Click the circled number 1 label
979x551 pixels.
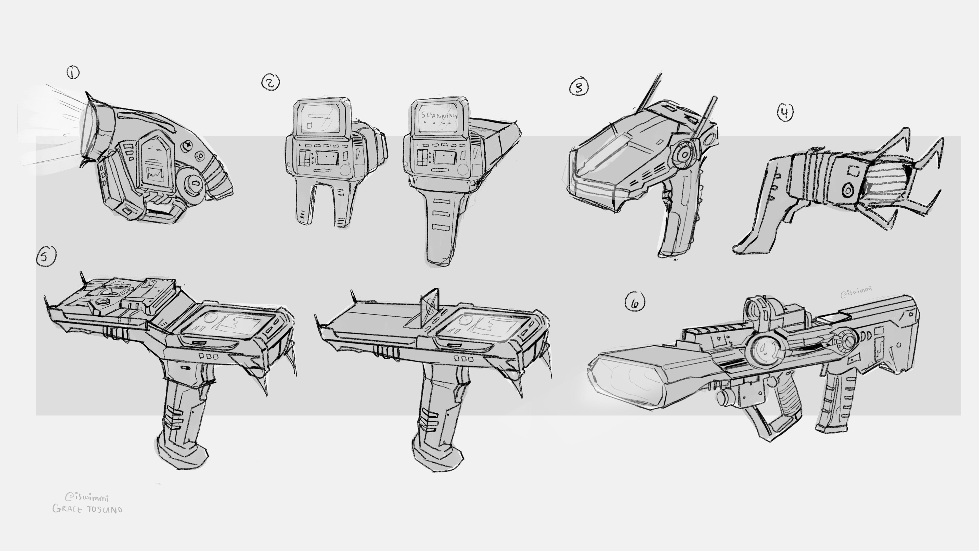(73, 72)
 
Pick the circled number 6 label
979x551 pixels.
(635, 301)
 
